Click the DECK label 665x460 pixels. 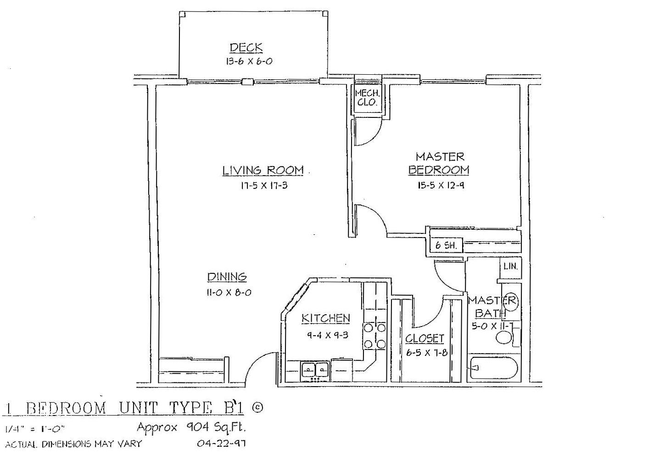[x=246, y=47]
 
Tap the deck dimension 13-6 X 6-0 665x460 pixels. [x=249, y=61]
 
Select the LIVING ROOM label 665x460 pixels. [x=263, y=170]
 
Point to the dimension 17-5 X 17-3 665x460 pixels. [x=264, y=186]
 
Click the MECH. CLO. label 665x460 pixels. [x=367, y=98]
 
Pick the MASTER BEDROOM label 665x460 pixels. [x=439, y=163]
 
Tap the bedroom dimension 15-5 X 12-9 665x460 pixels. [x=441, y=185]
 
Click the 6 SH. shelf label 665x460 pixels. [x=445, y=245]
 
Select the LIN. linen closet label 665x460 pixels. [x=511, y=266]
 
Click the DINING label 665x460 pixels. [x=227, y=277]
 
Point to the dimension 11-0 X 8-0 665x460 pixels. [x=229, y=293]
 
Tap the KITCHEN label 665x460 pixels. [x=326, y=318]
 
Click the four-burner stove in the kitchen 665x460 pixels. [x=374, y=336]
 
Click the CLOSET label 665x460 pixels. [x=425, y=338]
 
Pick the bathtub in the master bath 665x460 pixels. [x=494, y=368]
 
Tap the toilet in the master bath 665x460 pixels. [x=508, y=337]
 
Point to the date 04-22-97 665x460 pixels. [x=221, y=443]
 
